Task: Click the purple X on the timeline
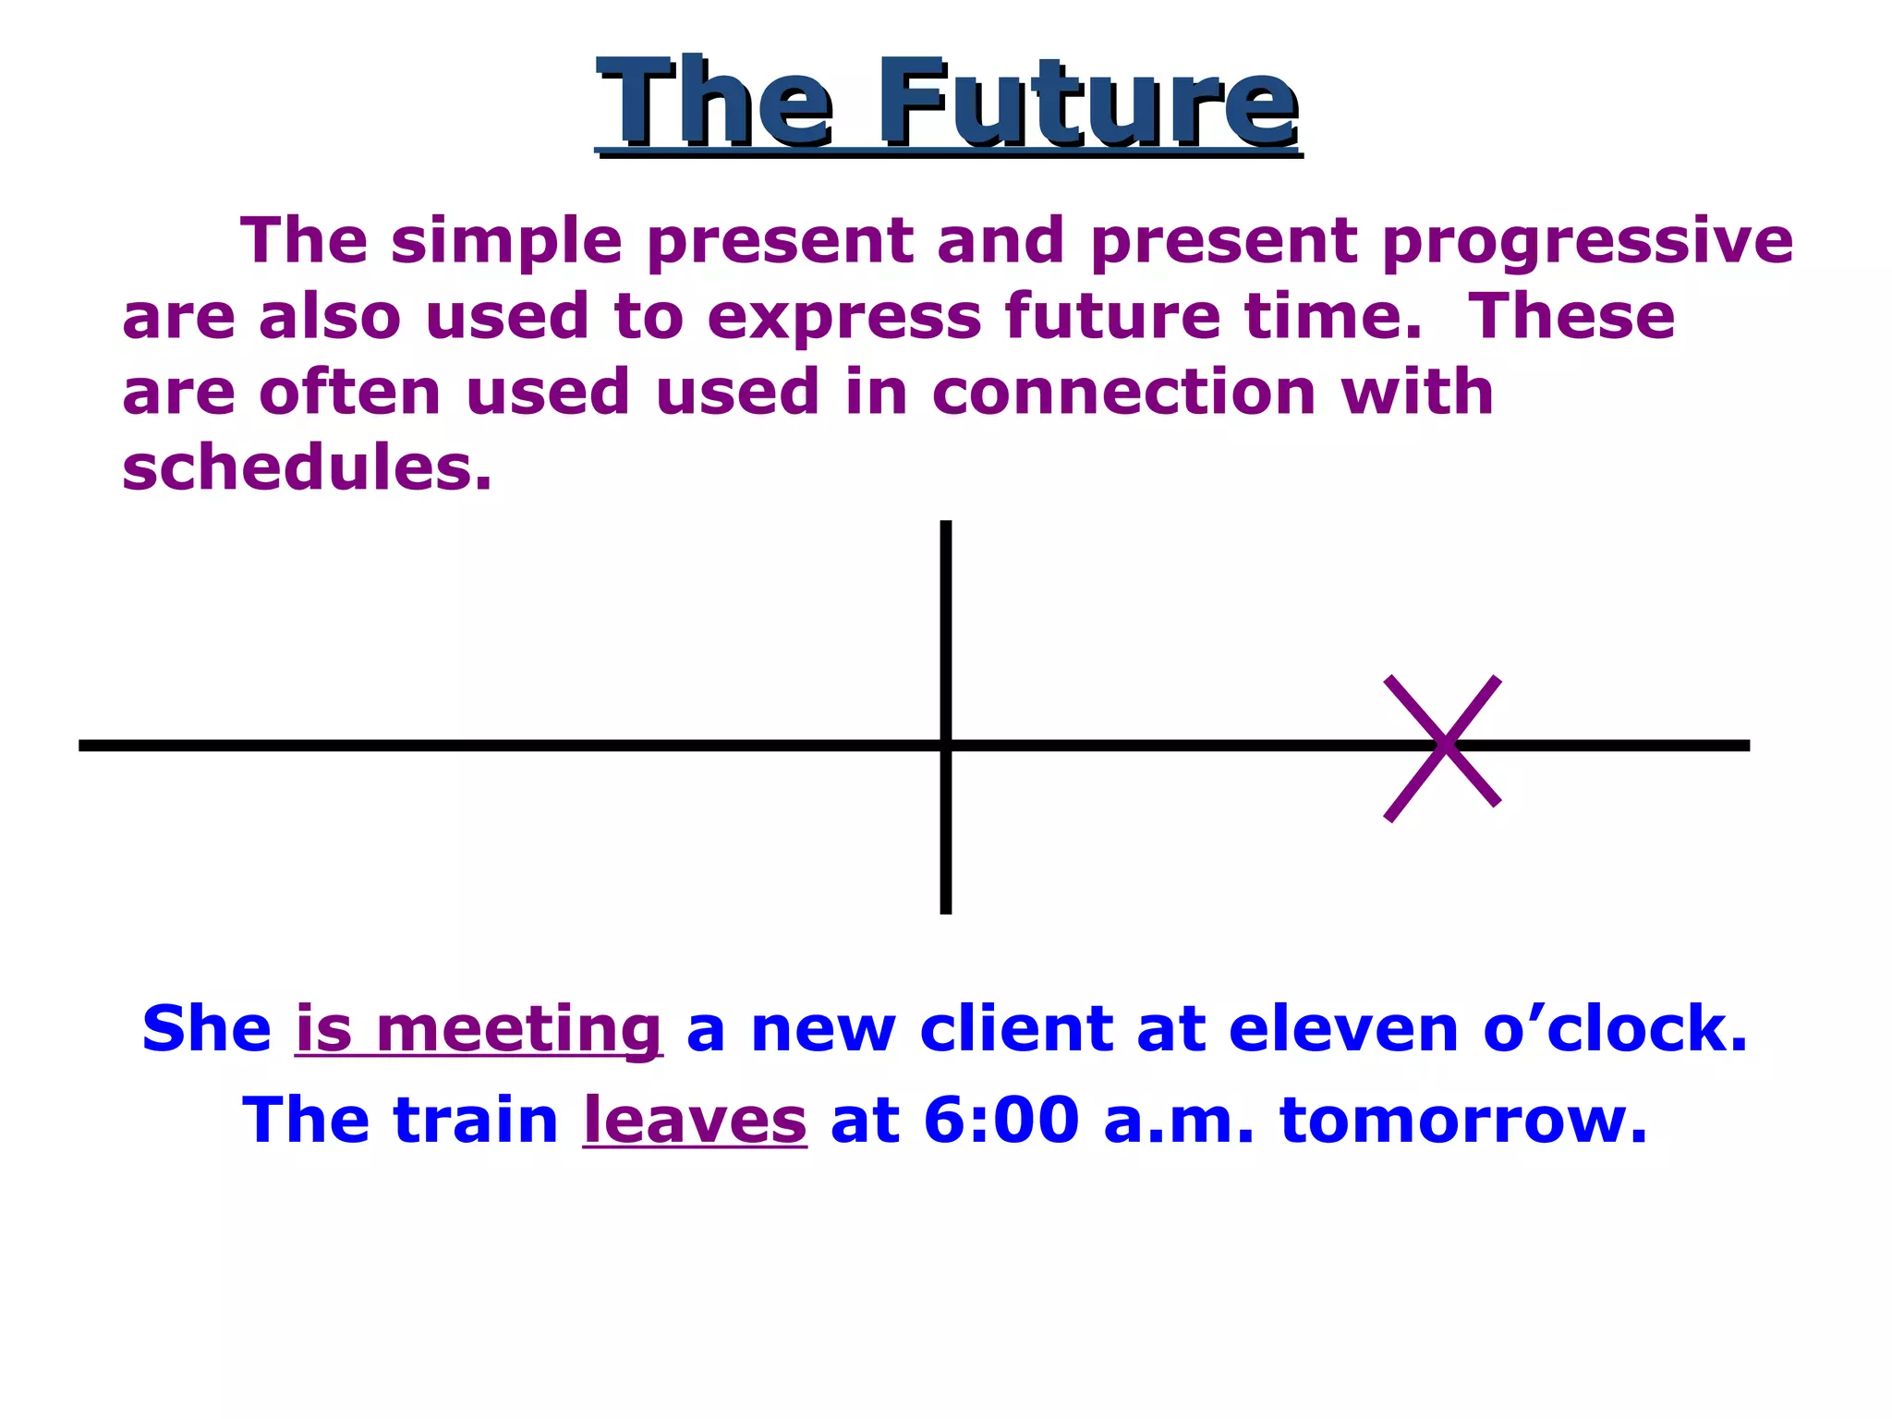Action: pos(1442,746)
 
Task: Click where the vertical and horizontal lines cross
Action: pos(945,746)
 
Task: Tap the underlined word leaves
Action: pos(695,1120)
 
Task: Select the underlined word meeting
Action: pos(518,1029)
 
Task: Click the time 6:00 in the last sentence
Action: pos(1001,1120)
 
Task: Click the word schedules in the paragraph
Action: pos(306,467)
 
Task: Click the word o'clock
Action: pos(1614,1029)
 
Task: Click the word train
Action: pos(476,1120)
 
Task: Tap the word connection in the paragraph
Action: pos(1123,392)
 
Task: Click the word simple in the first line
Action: pos(506,242)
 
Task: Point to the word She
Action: pos(206,1029)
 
